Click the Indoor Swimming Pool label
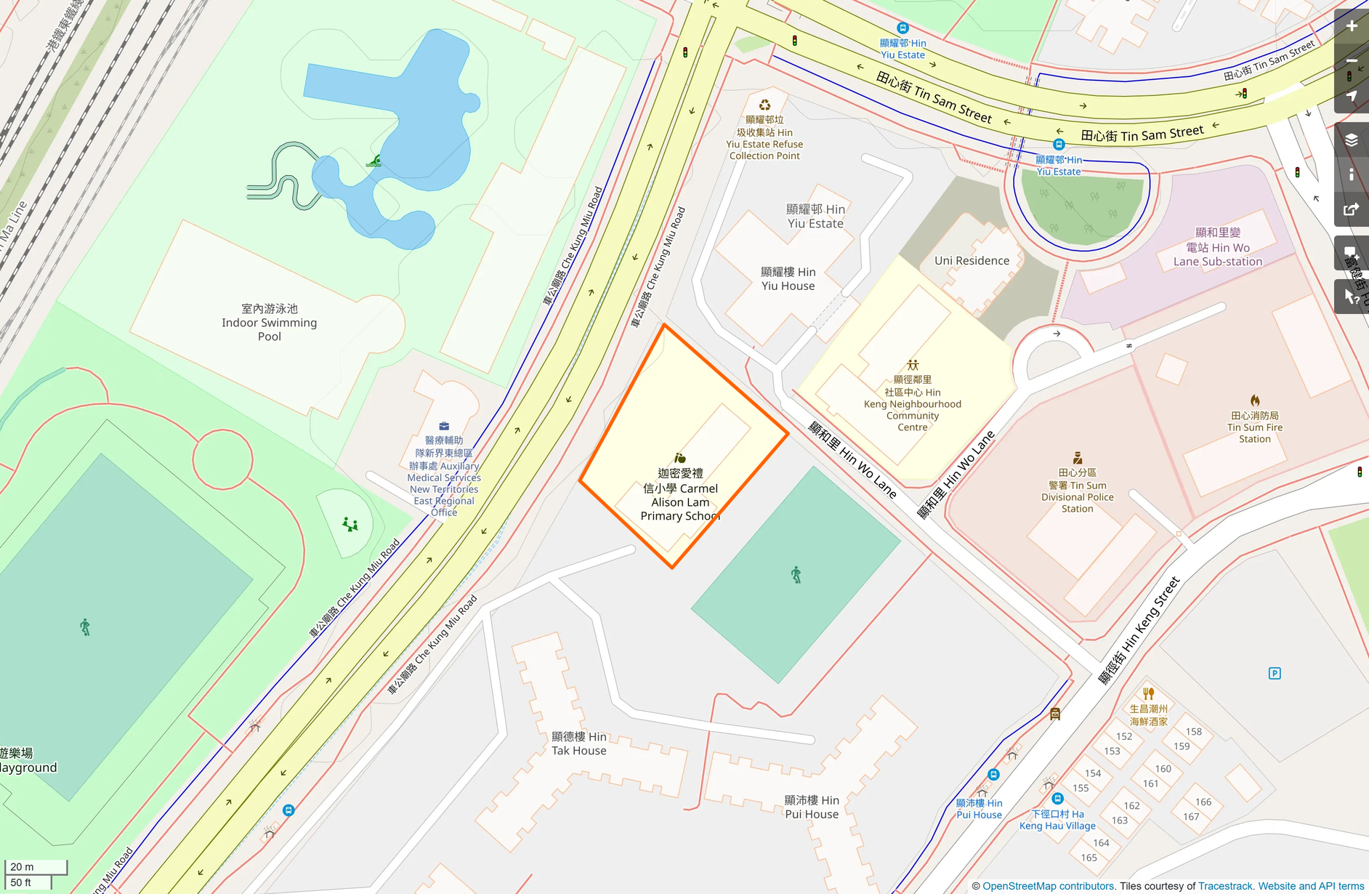(269, 322)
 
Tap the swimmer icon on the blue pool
(374, 161)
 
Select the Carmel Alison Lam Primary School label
(680, 495)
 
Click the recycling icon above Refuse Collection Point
(764, 105)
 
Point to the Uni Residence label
(972, 261)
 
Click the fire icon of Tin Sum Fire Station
(1255, 400)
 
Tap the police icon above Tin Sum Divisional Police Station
(1078, 458)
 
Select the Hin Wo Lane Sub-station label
(1218, 247)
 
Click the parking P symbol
(1275, 673)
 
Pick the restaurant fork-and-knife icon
(1149, 693)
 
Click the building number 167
(1191, 816)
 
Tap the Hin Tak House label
(579, 744)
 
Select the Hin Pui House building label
(812, 807)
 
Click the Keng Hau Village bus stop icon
(1057, 799)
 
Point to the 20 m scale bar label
(23, 866)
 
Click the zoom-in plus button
(1352, 26)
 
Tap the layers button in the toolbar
(1352, 140)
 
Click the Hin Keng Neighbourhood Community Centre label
(913, 403)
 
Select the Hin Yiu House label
(788, 278)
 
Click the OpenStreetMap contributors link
(1049, 886)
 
